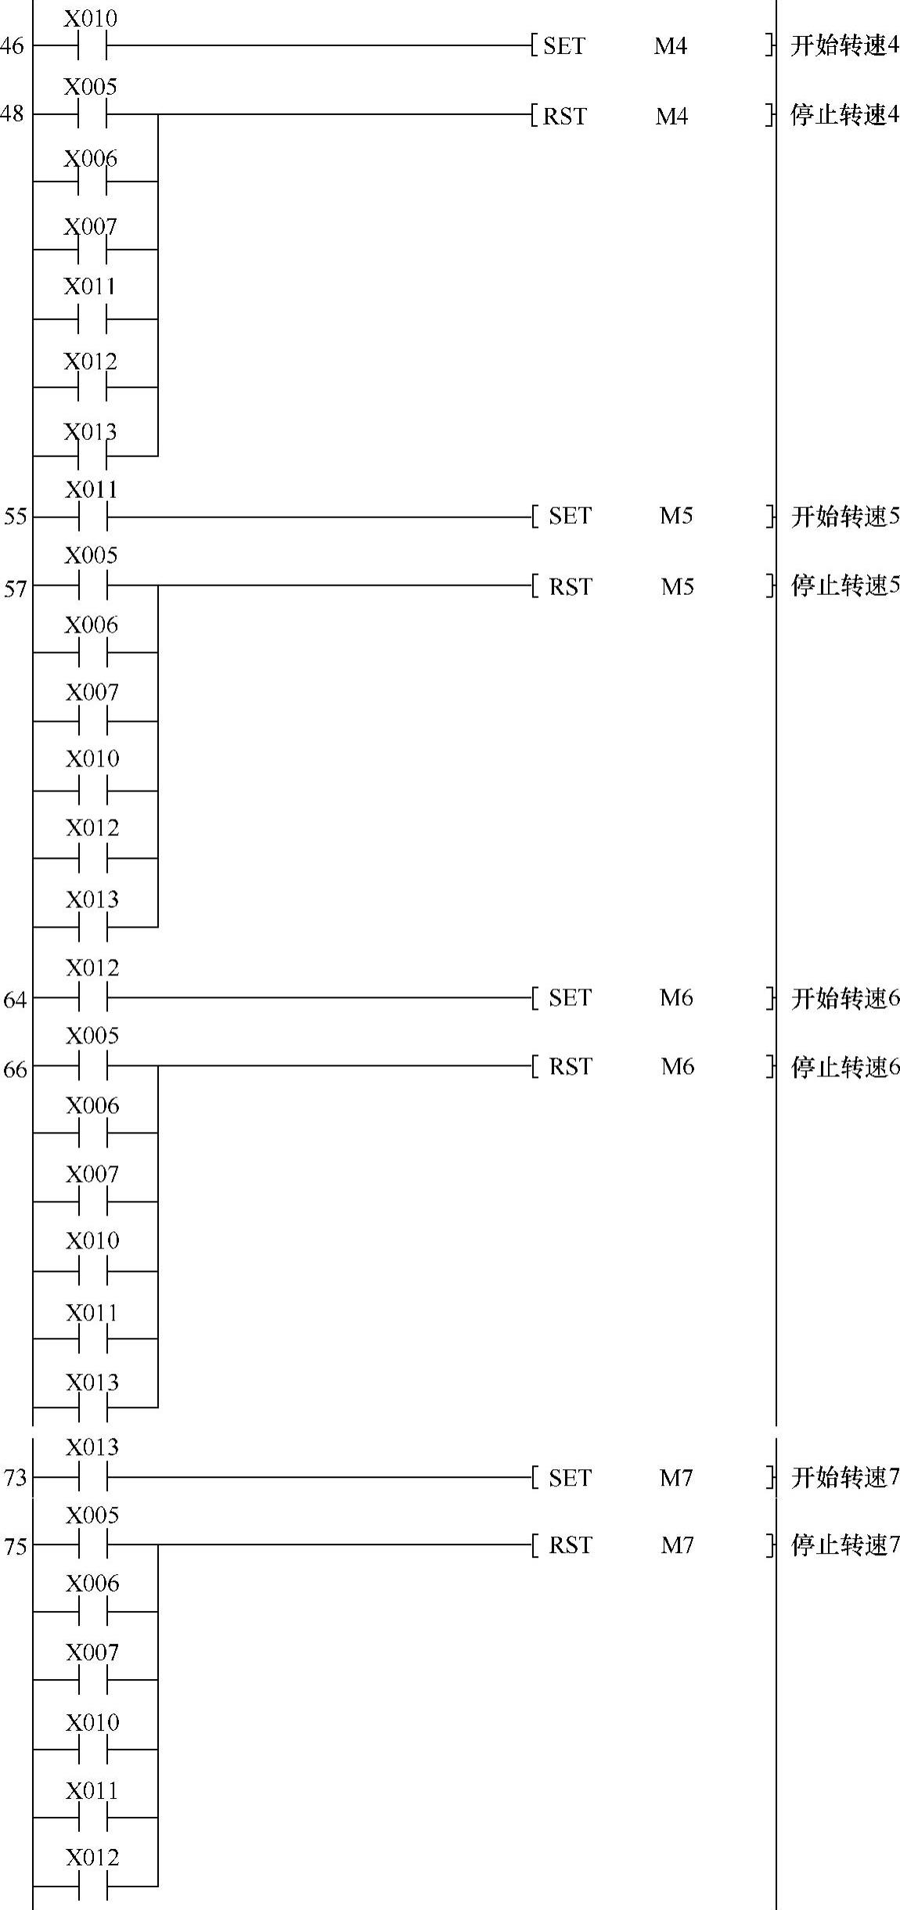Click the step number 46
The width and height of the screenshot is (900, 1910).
pos(12,46)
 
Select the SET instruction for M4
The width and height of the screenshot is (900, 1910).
pos(563,46)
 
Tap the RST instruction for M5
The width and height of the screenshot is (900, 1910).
pos(570,586)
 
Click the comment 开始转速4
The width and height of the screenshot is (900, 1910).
pos(844,46)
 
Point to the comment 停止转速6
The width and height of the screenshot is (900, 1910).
pos(844,1067)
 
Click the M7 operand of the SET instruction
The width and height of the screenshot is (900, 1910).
pos(676,1478)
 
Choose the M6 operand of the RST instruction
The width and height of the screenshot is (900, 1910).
pos(677,1066)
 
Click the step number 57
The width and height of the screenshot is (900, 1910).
pos(15,588)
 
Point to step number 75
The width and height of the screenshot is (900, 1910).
pos(15,1547)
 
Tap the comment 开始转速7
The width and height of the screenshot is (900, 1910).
pos(844,1478)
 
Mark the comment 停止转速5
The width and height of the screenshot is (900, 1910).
pos(844,586)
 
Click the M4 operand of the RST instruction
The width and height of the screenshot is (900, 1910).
pos(671,116)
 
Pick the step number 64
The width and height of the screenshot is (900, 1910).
pos(15,1000)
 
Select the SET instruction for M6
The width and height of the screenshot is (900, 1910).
pos(570,997)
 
